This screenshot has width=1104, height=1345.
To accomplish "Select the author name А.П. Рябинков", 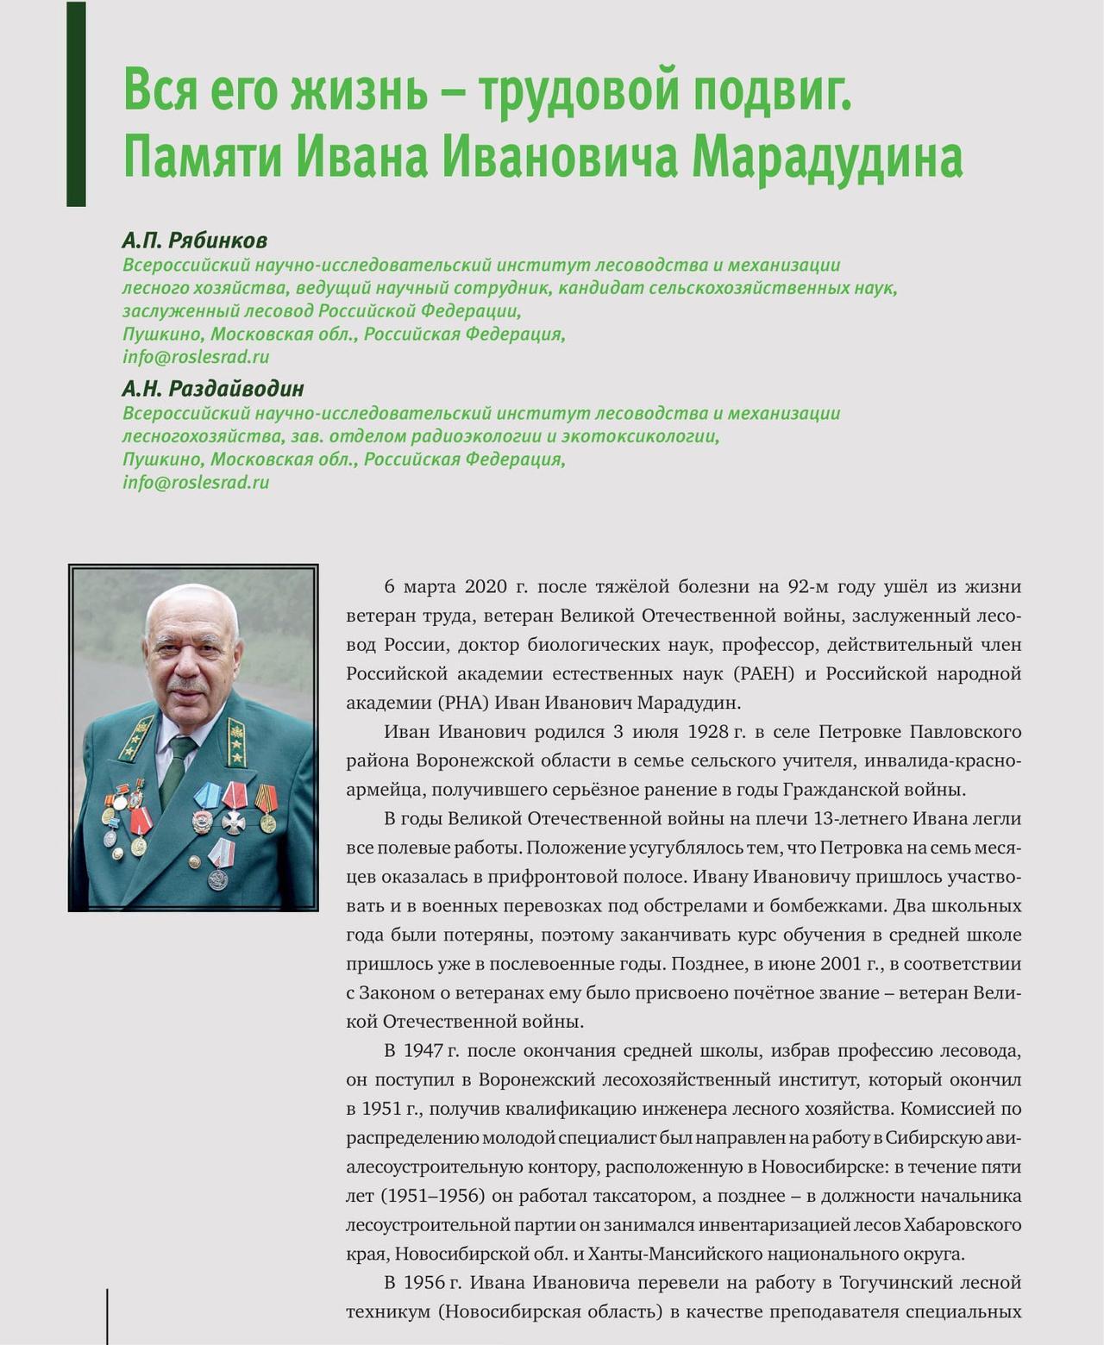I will (x=194, y=240).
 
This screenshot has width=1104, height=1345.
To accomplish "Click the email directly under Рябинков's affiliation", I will (x=196, y=357).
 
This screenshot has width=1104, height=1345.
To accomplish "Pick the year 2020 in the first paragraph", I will (x=486, y=587).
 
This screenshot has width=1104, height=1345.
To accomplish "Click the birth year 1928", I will (x=710, y=732).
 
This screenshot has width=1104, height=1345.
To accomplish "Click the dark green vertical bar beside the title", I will (x=76, y=103).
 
